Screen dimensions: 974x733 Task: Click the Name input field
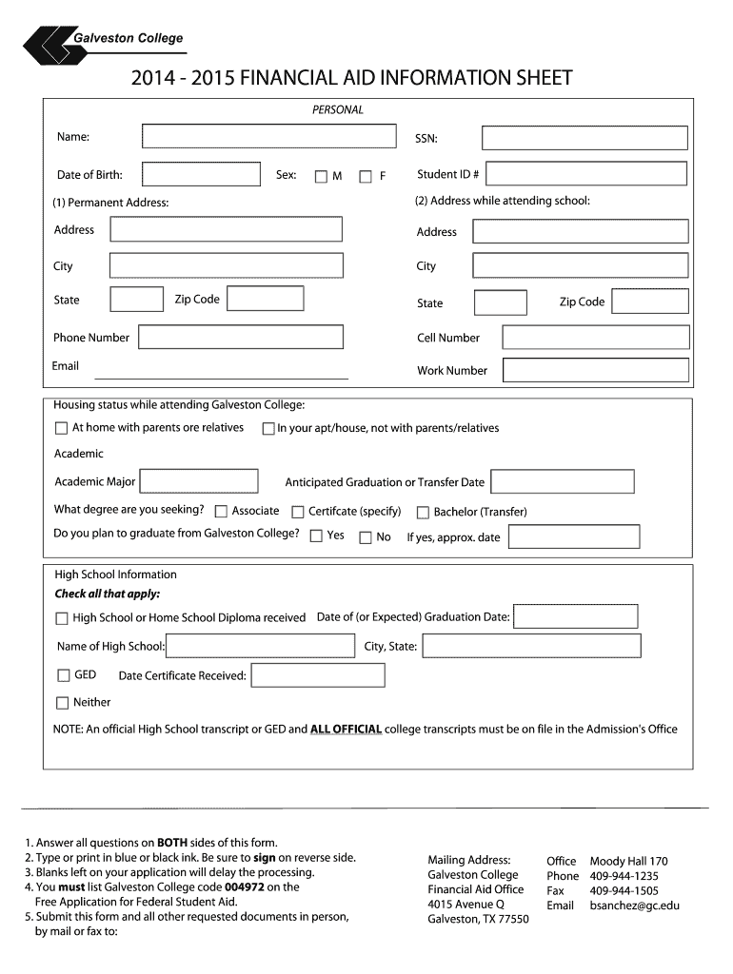click(268, 136)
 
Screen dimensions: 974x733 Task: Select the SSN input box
click(584, 138)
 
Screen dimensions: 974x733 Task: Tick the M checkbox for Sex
click(321, 176)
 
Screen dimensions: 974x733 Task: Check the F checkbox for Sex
click(366, 176)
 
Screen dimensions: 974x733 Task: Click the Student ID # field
click(588, 174)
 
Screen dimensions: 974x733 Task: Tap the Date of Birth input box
click(200, 174)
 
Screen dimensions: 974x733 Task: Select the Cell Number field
click(595, 338)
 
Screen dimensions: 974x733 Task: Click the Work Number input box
click(595, 370)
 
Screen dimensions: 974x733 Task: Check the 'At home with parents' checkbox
click(62, 428)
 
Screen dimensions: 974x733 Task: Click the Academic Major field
click(199, 481)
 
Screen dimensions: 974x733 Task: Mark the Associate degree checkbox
click(222, 512)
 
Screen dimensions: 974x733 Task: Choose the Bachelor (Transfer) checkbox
click(424, 512)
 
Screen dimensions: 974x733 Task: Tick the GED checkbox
click(63, 675)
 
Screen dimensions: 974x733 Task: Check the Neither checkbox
click(63, 703)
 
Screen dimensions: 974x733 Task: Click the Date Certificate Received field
click(318, 675)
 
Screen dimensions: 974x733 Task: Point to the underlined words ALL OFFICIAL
click(346, 730)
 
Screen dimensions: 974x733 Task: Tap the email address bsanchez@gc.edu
click(635, 906)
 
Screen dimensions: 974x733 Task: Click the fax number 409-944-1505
click(624, 890)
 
